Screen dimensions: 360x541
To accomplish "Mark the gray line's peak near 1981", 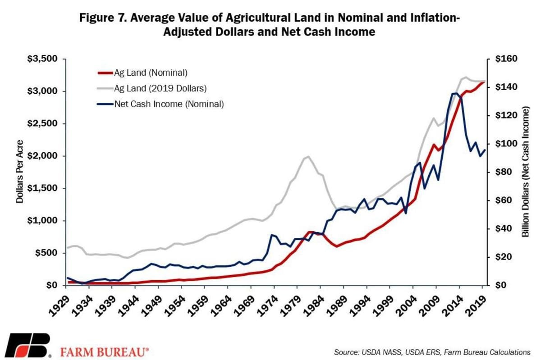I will click(x=308, y=157).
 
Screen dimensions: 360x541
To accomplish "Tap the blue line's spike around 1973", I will click(x=272, y=235).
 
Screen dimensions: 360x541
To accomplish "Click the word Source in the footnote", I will click(x=345, y=351).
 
